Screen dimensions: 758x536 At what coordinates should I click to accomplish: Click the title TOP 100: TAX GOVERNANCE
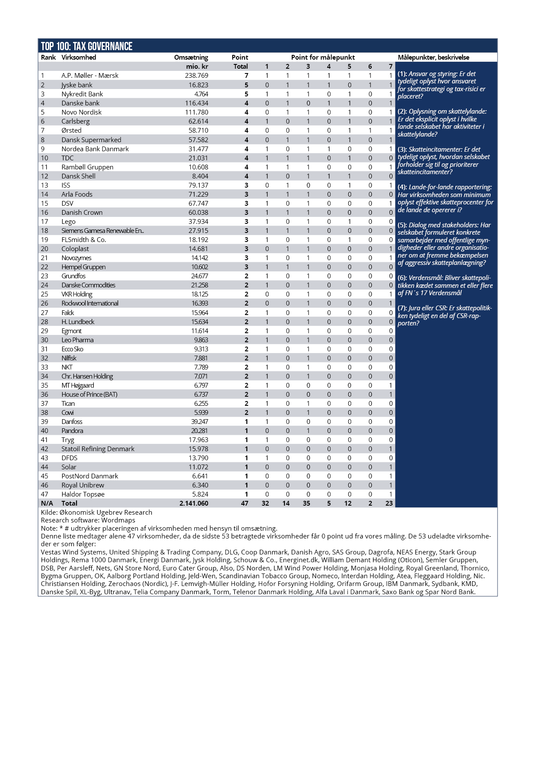point(86,46)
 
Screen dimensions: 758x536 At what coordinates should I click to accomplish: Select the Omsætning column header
point(191,57)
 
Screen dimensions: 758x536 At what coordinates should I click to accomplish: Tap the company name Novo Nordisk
point(81,112)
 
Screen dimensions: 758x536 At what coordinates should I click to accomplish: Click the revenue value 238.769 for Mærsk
point(197,76)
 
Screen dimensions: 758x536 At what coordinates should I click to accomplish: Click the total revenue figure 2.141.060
point(194,503)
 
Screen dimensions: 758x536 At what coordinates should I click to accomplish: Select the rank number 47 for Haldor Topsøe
point(45,494)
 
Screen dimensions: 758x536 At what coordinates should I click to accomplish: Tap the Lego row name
point(68,222)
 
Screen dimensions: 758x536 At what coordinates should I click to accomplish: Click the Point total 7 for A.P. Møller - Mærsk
point(246,76)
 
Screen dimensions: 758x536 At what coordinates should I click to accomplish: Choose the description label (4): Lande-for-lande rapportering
point(444,187)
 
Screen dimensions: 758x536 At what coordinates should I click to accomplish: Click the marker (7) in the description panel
point(402,308)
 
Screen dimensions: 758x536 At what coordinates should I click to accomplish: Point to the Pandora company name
point(72,431)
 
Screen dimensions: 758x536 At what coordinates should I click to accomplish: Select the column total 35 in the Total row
point(306,503)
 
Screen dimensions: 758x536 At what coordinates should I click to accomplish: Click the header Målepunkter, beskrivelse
point(433,57)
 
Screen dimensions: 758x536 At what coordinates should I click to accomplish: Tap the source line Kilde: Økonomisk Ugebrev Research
point(96,513)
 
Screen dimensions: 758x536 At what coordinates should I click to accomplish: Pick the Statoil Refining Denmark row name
point(98,449)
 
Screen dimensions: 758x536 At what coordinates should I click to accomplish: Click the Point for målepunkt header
point(323,57)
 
